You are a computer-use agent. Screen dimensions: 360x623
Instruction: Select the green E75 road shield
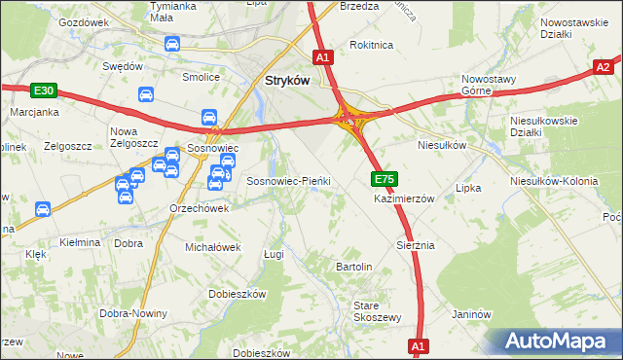coord(384,179)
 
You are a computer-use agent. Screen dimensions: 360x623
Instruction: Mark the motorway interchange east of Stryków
coord(350,120)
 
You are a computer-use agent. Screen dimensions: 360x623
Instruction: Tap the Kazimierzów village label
coord(404,198)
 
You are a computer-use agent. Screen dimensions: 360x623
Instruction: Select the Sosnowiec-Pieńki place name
coord(289,181)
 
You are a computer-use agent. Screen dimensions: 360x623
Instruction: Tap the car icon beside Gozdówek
coord(172,44)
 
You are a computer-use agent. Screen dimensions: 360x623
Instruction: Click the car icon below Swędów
coord(144,95)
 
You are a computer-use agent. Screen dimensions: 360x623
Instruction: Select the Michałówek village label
coord(212,247)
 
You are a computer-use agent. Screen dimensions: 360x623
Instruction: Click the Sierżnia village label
coord(415,245)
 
